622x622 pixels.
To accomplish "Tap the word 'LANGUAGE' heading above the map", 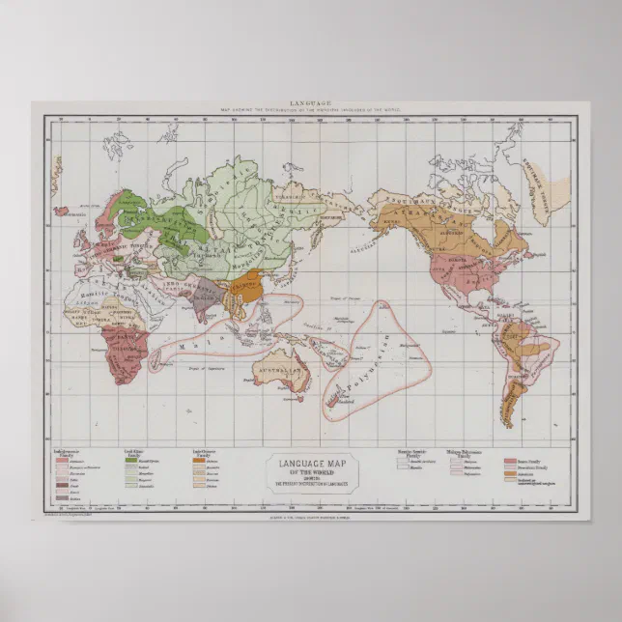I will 310,102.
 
